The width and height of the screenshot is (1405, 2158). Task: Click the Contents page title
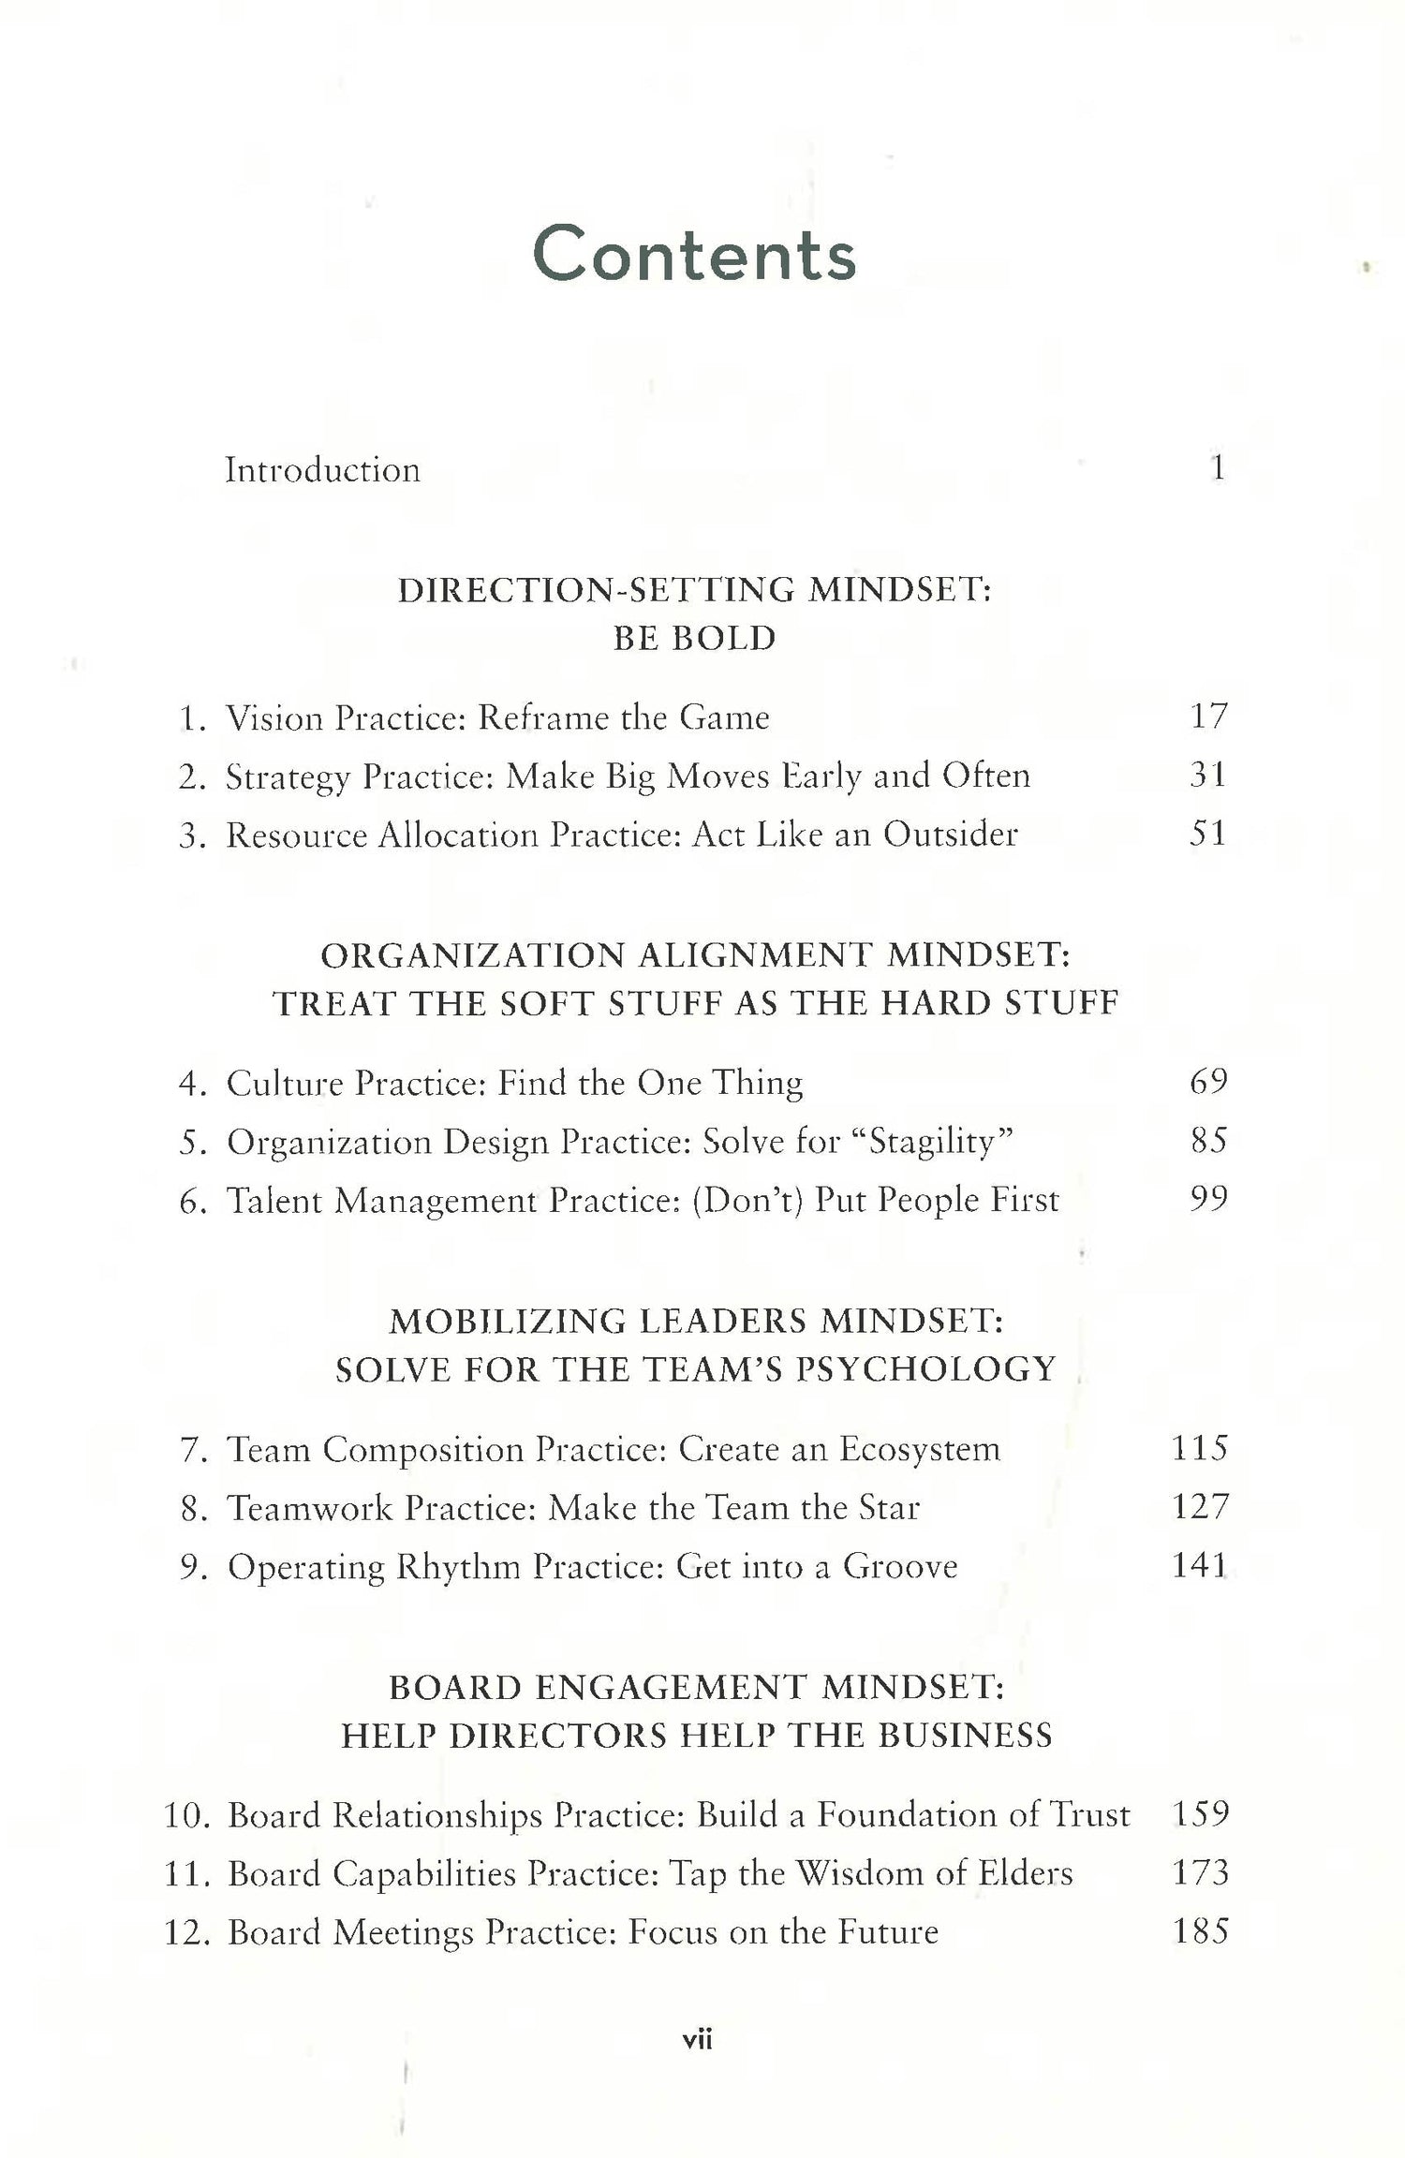pyautogui.click(x=694, y=255)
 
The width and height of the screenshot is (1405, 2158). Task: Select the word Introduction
pyautogui.click(x=322, y=469)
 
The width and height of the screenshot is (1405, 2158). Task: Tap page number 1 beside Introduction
pyautogui.click(x=1217, y=467)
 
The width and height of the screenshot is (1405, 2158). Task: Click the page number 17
pyautogui.click(x=1207, y=717)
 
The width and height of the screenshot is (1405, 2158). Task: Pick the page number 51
pyautogui.click(x=1207, y=834)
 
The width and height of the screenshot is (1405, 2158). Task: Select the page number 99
pyautogui.click(x=1208, y=1200)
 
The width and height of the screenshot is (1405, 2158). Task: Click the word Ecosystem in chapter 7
pyautogui.click(x=919, y=1449)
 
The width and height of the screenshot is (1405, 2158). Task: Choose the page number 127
pyautogui.click(x=1200, y=1507)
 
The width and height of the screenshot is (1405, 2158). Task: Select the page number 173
pyautogui.click(x=1200, y=1873)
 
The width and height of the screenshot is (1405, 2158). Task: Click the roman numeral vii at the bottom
pyautogui.click(x=698, y=2040)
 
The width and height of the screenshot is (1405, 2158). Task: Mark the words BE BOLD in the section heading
pyautogui.click(x=694, y=639)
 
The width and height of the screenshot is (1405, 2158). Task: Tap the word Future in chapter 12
pyautogui.click(x=887, y=1932)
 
